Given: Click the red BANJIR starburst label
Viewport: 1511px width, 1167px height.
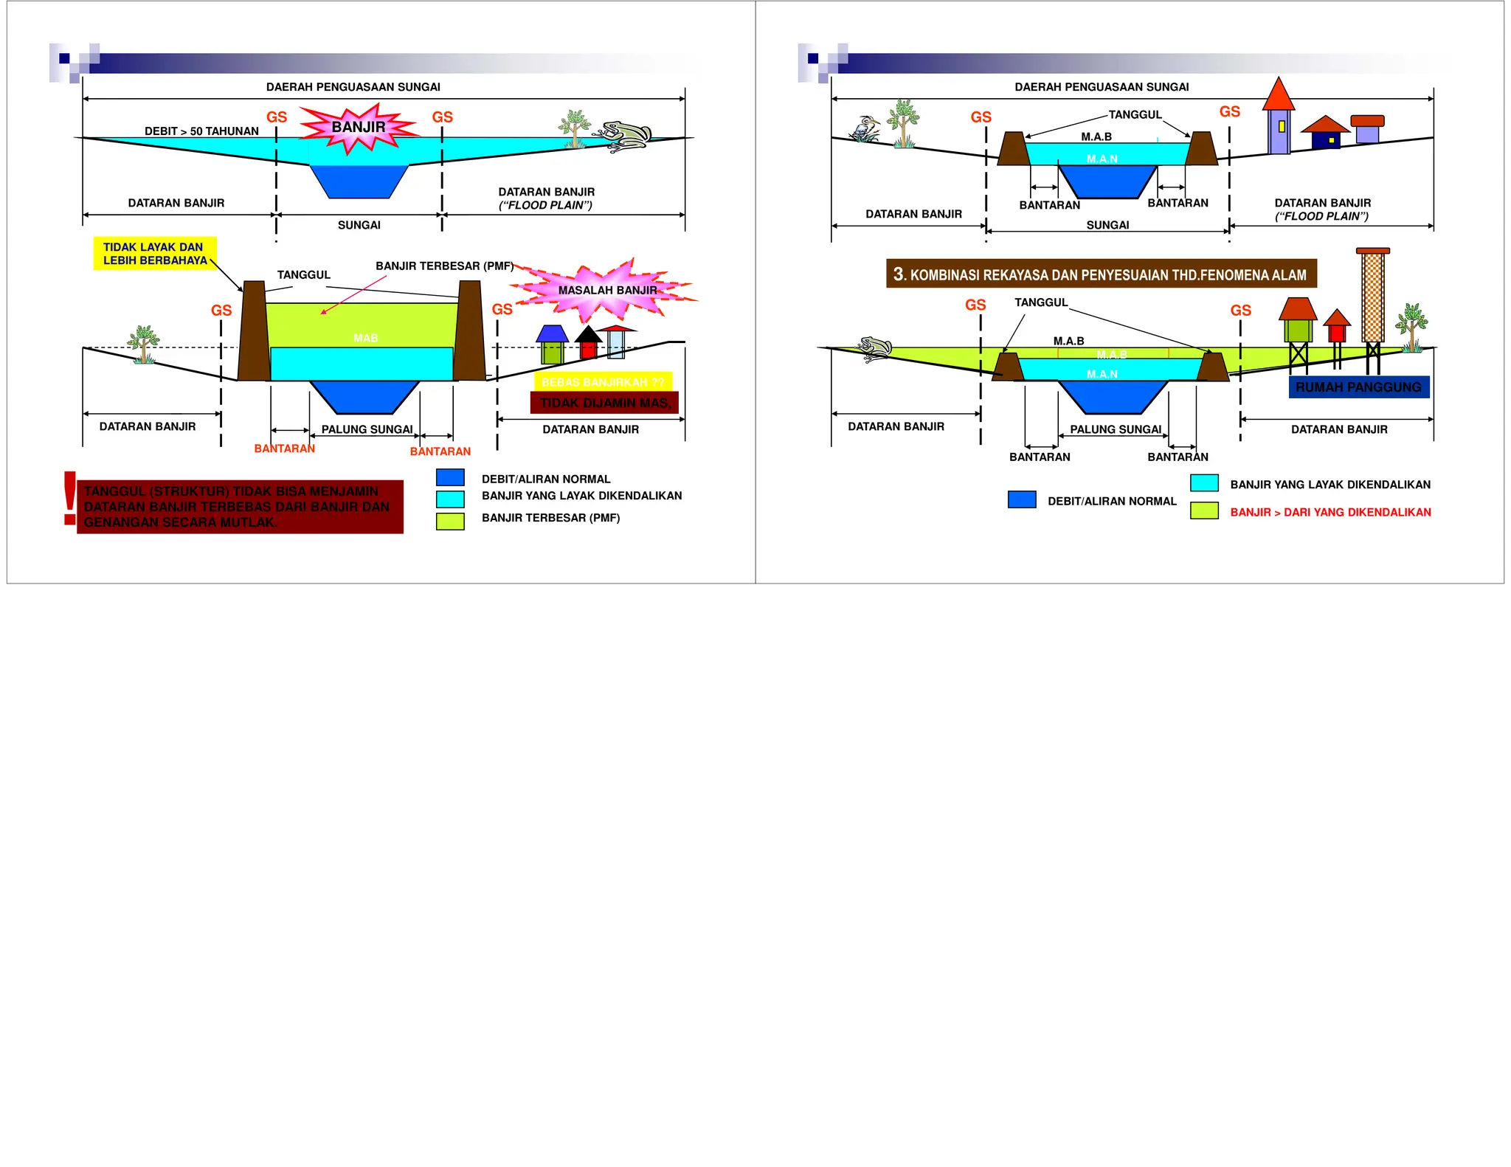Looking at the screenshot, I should pos(359,127).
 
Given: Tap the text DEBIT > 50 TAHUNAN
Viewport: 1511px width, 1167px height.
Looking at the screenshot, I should pos(201,131).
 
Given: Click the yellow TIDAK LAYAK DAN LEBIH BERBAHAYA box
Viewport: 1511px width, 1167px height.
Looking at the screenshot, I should pos(155,254).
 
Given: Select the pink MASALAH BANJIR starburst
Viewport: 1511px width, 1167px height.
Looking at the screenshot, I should pos(606,290).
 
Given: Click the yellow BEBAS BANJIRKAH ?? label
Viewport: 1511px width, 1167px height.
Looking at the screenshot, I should pos(603,382).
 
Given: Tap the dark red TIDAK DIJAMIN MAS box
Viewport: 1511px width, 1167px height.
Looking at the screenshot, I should pos(604,403).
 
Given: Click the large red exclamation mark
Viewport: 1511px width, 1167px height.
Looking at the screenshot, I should pos(70,499).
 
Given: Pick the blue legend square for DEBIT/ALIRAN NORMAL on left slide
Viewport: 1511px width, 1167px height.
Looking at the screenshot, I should pos(450,478).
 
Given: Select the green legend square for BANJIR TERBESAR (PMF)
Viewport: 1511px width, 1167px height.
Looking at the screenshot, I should pos(450,522).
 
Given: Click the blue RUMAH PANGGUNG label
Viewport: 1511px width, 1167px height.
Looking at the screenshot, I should pos(1358,387).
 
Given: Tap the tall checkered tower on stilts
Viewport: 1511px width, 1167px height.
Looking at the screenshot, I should pos(1372,295).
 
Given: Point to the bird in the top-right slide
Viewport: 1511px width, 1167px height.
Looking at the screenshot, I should pos(865,128).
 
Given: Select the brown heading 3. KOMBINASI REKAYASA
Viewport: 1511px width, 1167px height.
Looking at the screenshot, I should pos(1101,274).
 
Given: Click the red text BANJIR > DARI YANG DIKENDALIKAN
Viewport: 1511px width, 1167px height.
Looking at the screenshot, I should pos(1330,512).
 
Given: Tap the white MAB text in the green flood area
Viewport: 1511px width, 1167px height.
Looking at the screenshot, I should pos(365,338).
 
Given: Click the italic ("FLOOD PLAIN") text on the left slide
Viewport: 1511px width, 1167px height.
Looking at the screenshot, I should pos(545,205).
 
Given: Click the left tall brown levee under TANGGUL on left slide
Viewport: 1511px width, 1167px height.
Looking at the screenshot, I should pos(254,330).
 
